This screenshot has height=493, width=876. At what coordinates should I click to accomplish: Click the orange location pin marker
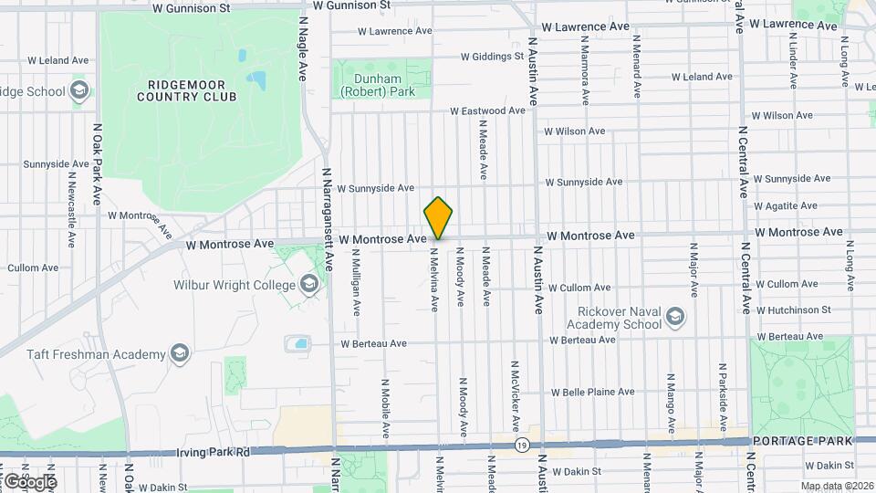pos(439,218)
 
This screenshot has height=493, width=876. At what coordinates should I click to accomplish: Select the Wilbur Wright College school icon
pos(309,285)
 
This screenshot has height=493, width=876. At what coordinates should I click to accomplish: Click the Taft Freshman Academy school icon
pos(180,353)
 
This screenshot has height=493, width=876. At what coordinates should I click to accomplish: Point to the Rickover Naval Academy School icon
pos(675,318)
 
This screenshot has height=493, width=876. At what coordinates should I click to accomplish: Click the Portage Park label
pos(802,441)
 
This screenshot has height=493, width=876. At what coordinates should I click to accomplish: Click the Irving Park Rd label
pos(213,453)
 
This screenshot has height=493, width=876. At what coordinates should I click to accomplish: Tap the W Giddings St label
pos(492,56)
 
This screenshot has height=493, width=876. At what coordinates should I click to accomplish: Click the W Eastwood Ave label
pos(487,110)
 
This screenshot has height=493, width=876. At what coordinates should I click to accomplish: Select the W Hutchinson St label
pos(792,309)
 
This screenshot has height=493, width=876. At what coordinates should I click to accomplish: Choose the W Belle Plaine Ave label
pos(592,392)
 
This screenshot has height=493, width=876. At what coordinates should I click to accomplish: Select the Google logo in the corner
pos(29,481)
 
